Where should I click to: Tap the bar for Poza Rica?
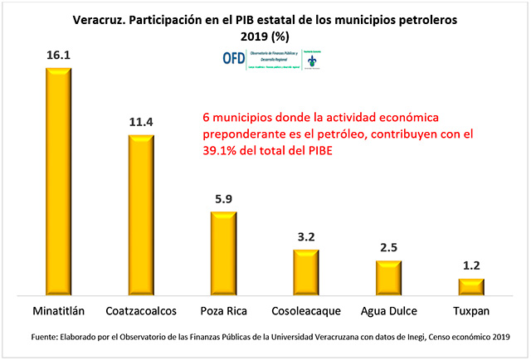[223, 253]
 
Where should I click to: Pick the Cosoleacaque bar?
[305, 272]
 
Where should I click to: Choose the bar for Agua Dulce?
[388, 277]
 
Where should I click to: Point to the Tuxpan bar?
[470, 286]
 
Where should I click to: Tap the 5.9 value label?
[223, 199]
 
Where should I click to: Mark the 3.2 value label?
[305, 236]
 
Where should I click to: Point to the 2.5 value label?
[388, 247]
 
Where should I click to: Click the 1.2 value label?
[470, 266]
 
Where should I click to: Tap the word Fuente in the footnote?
[46, 337]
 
